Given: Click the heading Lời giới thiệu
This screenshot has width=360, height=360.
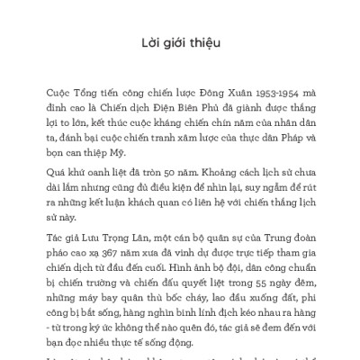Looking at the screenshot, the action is click(x=180, y=42).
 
